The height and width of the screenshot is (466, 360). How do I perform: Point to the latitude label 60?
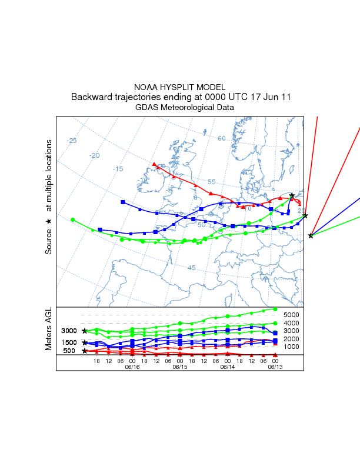pyautogui.click(x=222, y=138)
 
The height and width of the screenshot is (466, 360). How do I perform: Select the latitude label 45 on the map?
pyautogui.click(x=191, y=268)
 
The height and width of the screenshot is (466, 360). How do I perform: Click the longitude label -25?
pyautogui.click(x=72, y=141)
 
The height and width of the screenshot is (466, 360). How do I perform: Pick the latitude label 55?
pyautogui.click(x=212, y=182)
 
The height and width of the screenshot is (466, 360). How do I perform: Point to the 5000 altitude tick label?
pyautogui.click(x=292, y=315)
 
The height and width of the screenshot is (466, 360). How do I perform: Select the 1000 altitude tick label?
pyautogui.click(x=292, y=347)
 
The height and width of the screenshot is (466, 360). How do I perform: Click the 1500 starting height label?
pyautogui.click(x=69, y=342)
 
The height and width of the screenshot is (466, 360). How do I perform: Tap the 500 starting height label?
pyautogui.click(x=69, y=351)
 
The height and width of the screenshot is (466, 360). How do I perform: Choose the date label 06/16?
pyautogui.click(x=132, y=367)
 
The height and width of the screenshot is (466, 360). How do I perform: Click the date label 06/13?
pyautogui.click(x=275, y=367)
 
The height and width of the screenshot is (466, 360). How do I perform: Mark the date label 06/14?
pyautogui.click(x=228, y=367)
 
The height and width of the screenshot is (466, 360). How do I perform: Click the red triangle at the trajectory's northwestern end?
pyautogui.click(x=154, y=164)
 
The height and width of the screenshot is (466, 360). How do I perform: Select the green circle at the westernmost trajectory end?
pyautogui.click(x=72, y=219)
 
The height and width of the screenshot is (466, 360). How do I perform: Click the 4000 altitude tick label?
pyautogui.click(x=292, y=323)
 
